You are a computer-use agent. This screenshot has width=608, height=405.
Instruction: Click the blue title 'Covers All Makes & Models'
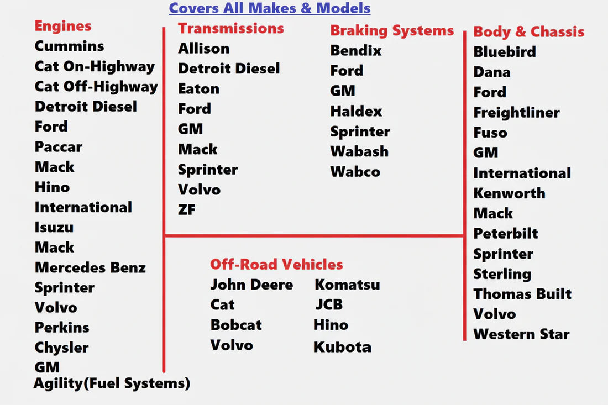pos(269,8)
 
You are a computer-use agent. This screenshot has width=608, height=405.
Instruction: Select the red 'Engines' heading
pos(63,25)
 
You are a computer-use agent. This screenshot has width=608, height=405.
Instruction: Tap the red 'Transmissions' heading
pos(230,28)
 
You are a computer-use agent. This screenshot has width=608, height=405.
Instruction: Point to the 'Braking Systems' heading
pos(392,30)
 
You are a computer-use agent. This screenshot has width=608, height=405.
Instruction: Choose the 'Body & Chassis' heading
pos(528,31)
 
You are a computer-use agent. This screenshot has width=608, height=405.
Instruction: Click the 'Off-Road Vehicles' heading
pos(276,264)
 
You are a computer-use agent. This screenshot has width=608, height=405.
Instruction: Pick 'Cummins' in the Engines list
pos(69,46)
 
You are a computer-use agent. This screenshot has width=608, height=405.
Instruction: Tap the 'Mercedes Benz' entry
pos(90,267)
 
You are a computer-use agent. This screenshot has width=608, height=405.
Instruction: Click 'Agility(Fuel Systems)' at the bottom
pos(112,383)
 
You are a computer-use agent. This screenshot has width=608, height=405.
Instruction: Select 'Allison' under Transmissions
pos(203,48)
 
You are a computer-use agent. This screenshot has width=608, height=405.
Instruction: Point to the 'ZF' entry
pos(187,209)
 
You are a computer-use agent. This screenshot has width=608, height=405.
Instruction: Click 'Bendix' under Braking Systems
pos(356,50)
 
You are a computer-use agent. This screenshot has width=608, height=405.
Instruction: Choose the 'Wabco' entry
pos(355,171)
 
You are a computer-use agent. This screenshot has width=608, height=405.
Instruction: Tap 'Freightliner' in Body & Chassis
pos(516,113)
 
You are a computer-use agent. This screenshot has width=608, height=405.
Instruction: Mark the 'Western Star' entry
pos(521,334)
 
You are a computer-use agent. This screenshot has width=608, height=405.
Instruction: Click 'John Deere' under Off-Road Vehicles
pos(251,285)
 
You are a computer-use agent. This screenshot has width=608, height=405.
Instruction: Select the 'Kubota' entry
pos(342,347)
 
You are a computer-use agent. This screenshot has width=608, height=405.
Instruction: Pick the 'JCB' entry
pos(329,304)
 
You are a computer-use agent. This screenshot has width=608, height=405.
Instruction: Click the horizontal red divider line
pos(314,236)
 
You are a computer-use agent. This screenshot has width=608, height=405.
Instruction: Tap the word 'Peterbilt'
pos(505,233)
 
